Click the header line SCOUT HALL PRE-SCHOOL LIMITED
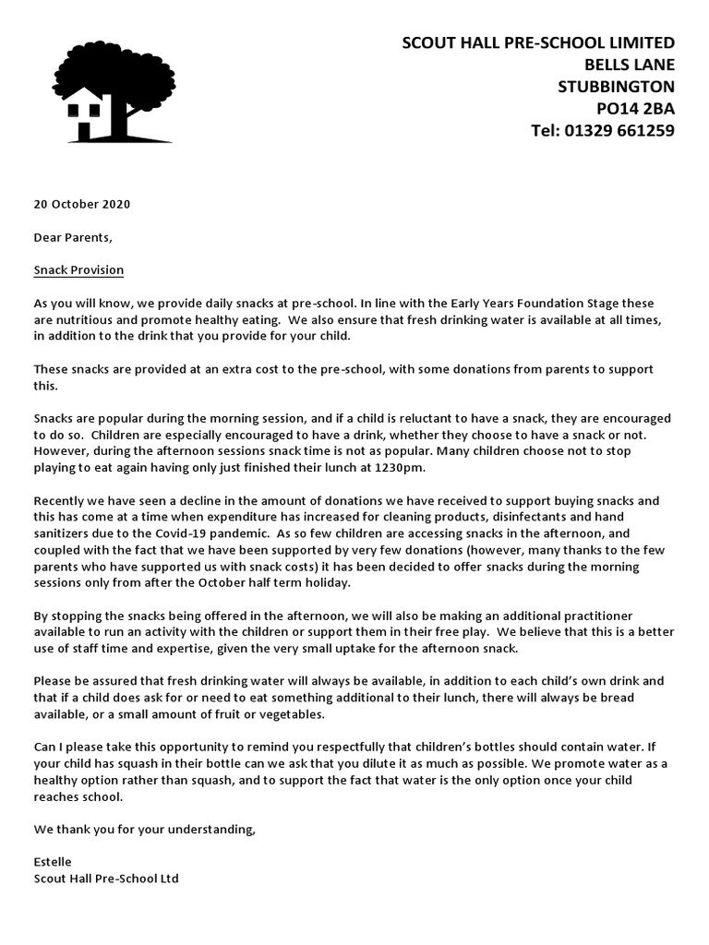[x=538, y=42]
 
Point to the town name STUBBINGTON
[x=616, y=87]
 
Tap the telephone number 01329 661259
[x=621, y=131]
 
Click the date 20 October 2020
[x=82, y=204]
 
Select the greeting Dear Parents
[x=73, y=237]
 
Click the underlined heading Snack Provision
[x=78, y=270]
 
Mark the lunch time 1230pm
[x=397, y=468]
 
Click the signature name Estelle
[x=53, y=862]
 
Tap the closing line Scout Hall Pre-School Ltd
[x=106, y=879]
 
